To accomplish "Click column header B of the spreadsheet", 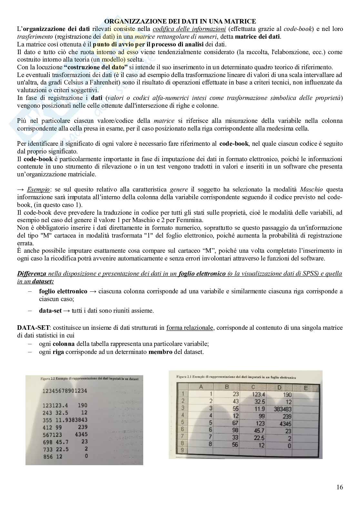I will coord(227,387).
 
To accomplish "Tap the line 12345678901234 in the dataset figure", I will coord(65,391).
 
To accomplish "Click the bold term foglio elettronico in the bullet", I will coord(63,291).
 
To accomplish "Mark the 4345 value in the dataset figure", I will coord(81,434).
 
